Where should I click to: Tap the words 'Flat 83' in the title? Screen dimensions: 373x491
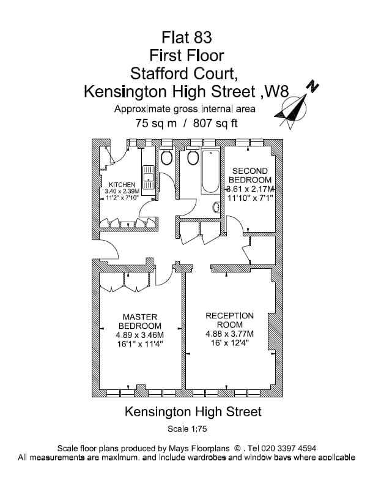[x=187, y=37]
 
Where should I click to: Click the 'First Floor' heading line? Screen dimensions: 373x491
[x=187, y=56]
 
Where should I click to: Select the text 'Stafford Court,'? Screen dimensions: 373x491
[x=187, y=74]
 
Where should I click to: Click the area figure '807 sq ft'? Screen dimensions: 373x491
[x=216, y=122]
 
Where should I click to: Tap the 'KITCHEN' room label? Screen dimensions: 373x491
[x=122, y=184]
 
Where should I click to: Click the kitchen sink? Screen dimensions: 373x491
[x=147, y=178]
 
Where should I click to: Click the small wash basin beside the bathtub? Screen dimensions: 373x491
[x=216, y=208]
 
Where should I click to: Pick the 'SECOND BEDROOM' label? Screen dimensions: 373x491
[x=249, y=176]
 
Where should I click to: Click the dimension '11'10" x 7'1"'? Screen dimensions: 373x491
[x=249, y=198]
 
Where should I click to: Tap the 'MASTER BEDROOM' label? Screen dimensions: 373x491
[x=140, y=321]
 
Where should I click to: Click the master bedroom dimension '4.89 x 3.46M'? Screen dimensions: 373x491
[x=140, y=335]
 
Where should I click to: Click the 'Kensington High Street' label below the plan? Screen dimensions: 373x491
[x=193, y=411]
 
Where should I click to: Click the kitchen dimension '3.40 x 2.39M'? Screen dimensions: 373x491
[x=122, y=191]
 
